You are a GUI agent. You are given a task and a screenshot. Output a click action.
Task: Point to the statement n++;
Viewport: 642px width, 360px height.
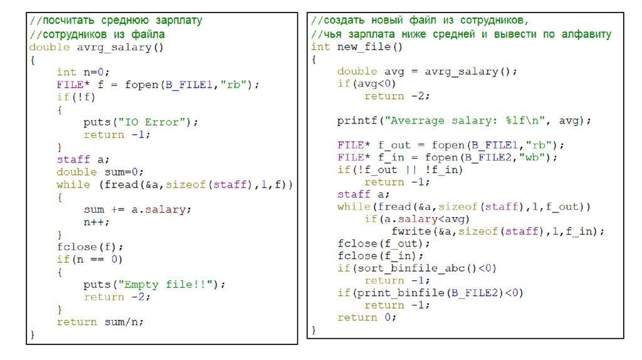(x=97, y=222)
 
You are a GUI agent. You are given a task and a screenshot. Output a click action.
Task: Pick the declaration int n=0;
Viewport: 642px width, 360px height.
(x=83, y=72)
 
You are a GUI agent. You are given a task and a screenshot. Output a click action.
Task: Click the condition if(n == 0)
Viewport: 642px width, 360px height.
(x=90, y=259)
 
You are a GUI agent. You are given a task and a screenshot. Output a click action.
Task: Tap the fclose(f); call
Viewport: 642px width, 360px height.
(x=90, y=246)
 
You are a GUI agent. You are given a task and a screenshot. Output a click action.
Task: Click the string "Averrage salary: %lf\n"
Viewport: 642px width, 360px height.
(x=468, y=120)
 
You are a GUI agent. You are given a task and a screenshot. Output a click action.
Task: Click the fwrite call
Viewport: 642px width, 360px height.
(x=498, y=231)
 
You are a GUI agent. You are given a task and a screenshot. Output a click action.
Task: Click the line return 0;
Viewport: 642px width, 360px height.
(x=367, y=317)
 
